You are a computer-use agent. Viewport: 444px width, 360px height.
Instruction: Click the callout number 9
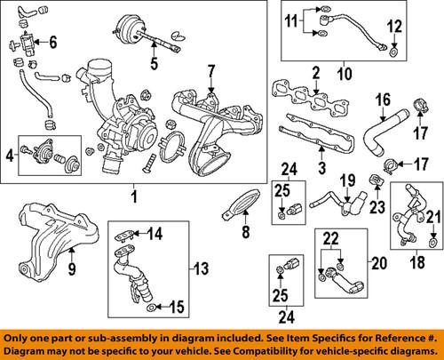tap(72, 268)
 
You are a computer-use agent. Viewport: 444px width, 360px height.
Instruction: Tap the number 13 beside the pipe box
tap(201, 268)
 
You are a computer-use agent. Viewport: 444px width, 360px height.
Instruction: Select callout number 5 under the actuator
tap(155, 63)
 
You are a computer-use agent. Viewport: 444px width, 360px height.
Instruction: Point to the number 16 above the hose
tap(383, 100)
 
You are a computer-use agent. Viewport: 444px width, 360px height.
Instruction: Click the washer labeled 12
tap(393, 52)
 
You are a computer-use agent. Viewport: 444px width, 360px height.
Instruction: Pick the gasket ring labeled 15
tap(150, 308)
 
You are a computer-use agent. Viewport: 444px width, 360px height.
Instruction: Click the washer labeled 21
tap(432, 244)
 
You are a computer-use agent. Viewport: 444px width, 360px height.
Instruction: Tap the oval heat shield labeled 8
tap(242, 204)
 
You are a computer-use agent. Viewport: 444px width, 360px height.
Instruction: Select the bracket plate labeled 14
tap(123, 236)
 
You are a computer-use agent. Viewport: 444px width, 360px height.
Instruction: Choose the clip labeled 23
tap(376, 180)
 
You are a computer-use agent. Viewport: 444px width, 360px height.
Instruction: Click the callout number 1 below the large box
tap(135, 196)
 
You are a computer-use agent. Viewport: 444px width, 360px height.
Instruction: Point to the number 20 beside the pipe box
tap(379, 263)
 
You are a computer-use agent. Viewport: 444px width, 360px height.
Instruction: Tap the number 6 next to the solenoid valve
tap(52, 43)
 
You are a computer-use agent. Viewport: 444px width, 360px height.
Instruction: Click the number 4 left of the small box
tap(11, 156)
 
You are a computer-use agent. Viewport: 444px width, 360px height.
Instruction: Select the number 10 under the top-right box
tap(345, 73)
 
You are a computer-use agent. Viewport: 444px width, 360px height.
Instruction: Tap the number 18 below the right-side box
tap(417, 262)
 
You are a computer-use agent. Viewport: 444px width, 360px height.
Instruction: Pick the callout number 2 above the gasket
tap(316, 73)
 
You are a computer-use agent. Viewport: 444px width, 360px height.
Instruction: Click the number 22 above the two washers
tap(331, 239)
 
